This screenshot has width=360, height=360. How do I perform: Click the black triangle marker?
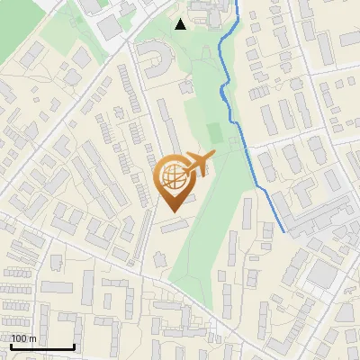tap(181, 24)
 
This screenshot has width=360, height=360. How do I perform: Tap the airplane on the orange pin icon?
tap(197, 164)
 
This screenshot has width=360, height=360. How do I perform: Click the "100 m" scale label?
tap(24, 338)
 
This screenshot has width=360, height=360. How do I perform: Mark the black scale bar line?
tap(42, 346)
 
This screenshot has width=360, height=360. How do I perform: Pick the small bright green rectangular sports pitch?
tap(214, 133)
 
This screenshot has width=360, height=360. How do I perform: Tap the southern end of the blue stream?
tap(284, 232)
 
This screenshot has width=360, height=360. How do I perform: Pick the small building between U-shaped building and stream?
tap(187, 87)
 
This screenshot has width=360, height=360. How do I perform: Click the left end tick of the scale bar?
tap(11, 345)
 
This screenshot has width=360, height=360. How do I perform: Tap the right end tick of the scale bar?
tap(74, 345)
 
